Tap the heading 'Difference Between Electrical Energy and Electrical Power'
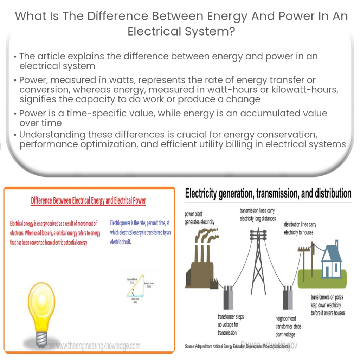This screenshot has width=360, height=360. click(88, 200)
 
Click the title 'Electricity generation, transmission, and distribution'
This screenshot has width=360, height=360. click(268, 193)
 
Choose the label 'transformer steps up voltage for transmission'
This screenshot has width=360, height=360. click(231, 324)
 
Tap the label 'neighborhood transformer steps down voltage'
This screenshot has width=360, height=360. click(288, 326)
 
